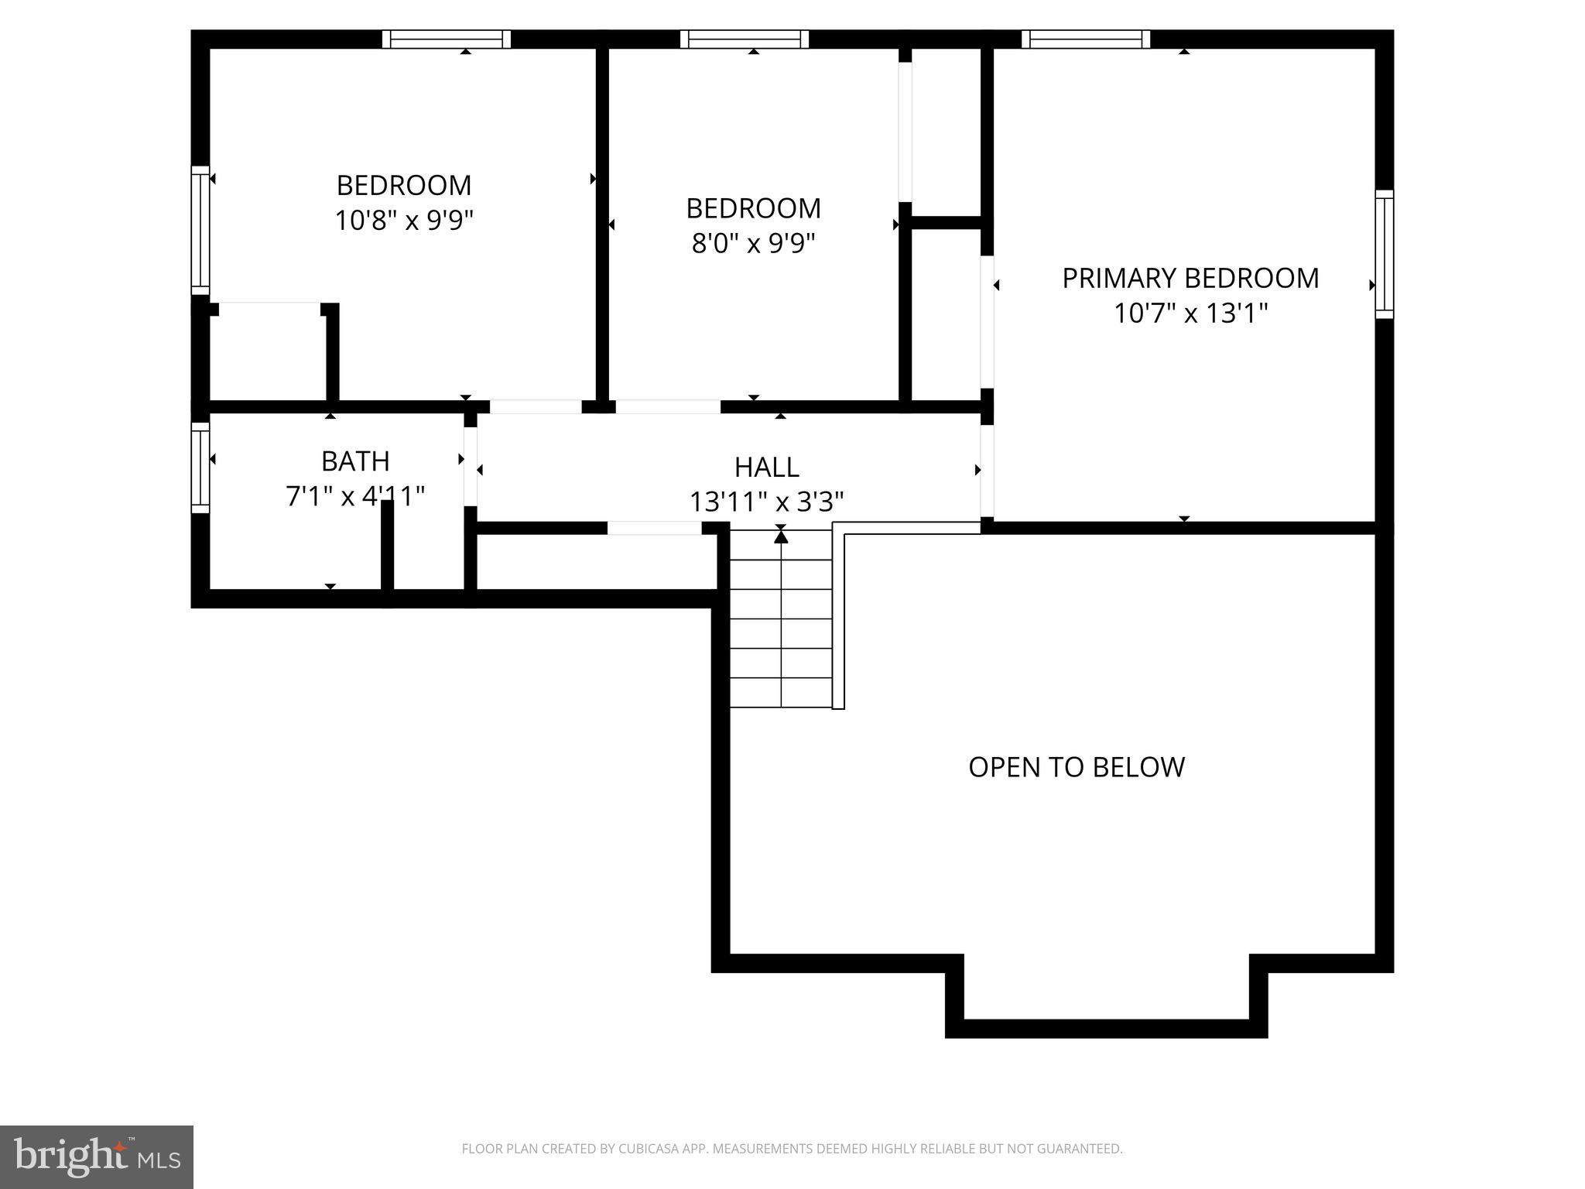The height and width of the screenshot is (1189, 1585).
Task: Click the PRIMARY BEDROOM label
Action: (x=1190, y=278)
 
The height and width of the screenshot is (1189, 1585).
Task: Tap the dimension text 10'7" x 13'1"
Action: (x=1190, y=314)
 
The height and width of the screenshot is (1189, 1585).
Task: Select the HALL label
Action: (x=766, y=467)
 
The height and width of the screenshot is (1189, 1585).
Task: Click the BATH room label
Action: (x=355, y=461)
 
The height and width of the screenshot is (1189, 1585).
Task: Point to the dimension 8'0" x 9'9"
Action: (x=753, y=244)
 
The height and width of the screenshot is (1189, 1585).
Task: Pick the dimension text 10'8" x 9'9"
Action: (x=403, y=221)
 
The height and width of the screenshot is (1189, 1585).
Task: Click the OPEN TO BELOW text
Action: (x=1076, y=767)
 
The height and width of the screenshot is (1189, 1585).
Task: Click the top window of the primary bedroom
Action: (x=1085, y=39)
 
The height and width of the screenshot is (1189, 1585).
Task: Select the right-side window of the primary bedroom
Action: (x=1384, y=254)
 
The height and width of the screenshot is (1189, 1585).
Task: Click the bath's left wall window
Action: (x=200, y=468)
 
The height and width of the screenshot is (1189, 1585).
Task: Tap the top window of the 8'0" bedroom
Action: (x=745, y=39)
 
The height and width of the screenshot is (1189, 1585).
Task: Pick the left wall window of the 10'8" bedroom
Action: (x=200, y=230)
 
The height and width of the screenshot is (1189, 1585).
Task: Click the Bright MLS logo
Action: (x=97, y=1156)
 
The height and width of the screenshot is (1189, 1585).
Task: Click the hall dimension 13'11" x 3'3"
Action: (x=766, y=502)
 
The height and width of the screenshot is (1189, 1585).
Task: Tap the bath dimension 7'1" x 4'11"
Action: (x=355, y=496)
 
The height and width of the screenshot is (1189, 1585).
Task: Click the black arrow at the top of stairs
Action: (x=781, y=535)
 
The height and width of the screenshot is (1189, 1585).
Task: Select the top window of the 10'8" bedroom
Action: (x=447, y=39)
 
